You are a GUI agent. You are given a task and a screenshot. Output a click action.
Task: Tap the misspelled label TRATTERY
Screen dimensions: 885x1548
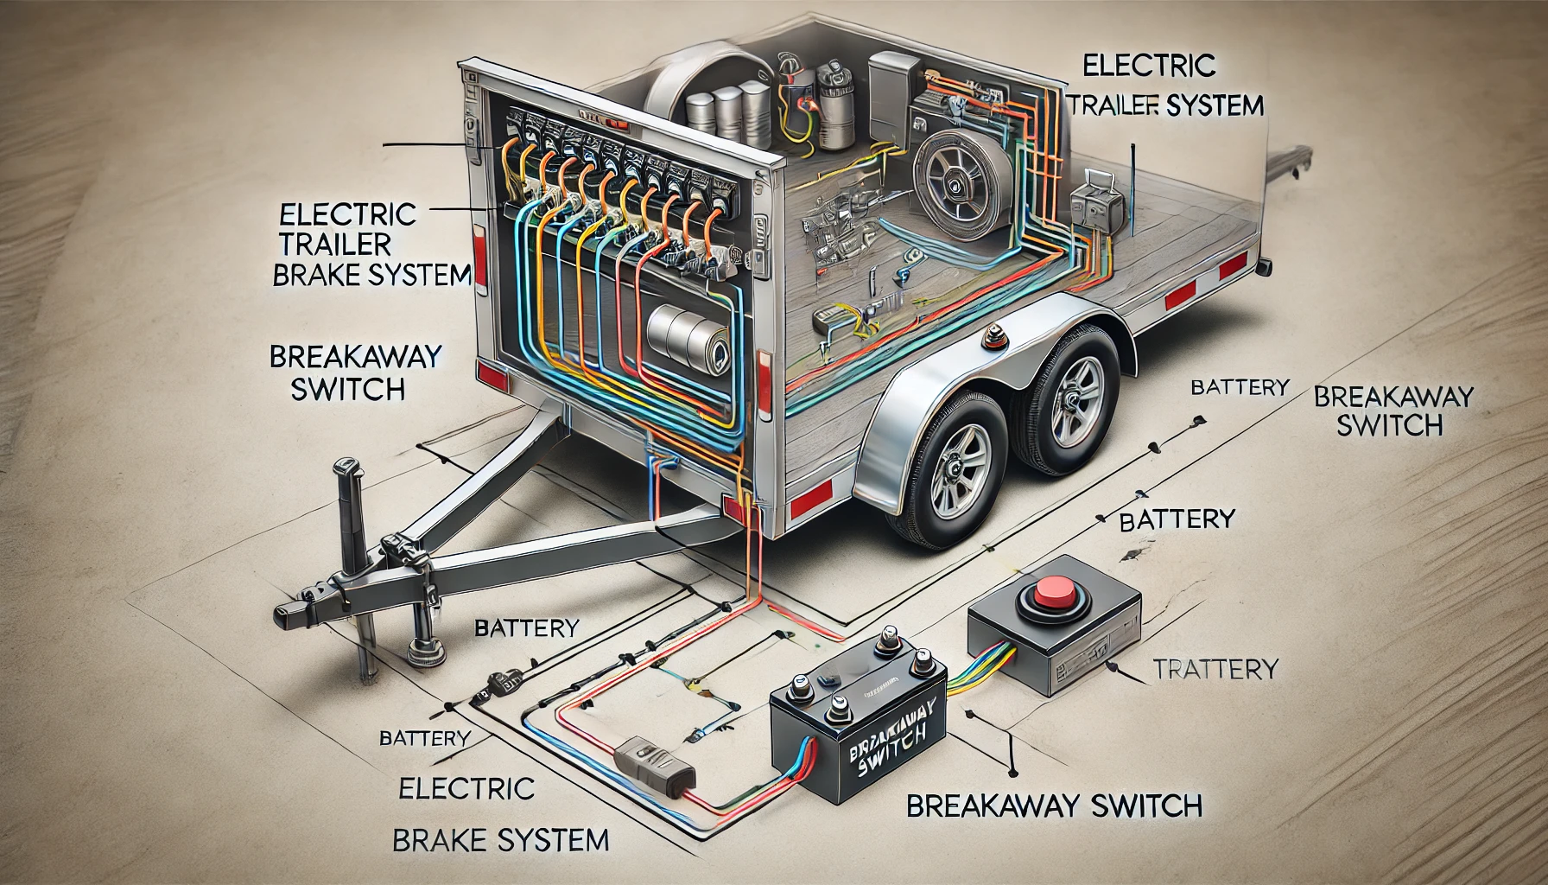[1215, 668]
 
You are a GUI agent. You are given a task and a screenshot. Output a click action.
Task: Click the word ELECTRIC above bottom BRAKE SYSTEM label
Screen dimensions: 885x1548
[466, 787]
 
